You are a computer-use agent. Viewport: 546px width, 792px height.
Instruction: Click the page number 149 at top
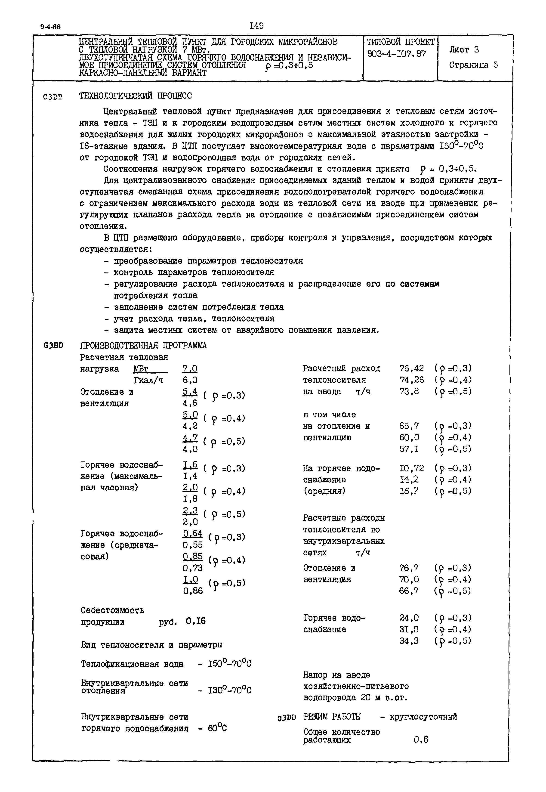pyautogui.click(x=256, y=26)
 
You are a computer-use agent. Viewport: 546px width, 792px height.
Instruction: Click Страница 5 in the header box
pyautogui.click(x=473, y=65)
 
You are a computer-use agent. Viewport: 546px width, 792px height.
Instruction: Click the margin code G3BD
pyautogui.click(x=54, y=345)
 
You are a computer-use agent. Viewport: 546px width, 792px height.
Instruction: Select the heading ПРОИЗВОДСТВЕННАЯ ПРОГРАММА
pyautogui.click(x=143, y=345)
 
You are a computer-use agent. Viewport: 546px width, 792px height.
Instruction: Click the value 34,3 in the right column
pyautogui.click(x=409, y=641)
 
